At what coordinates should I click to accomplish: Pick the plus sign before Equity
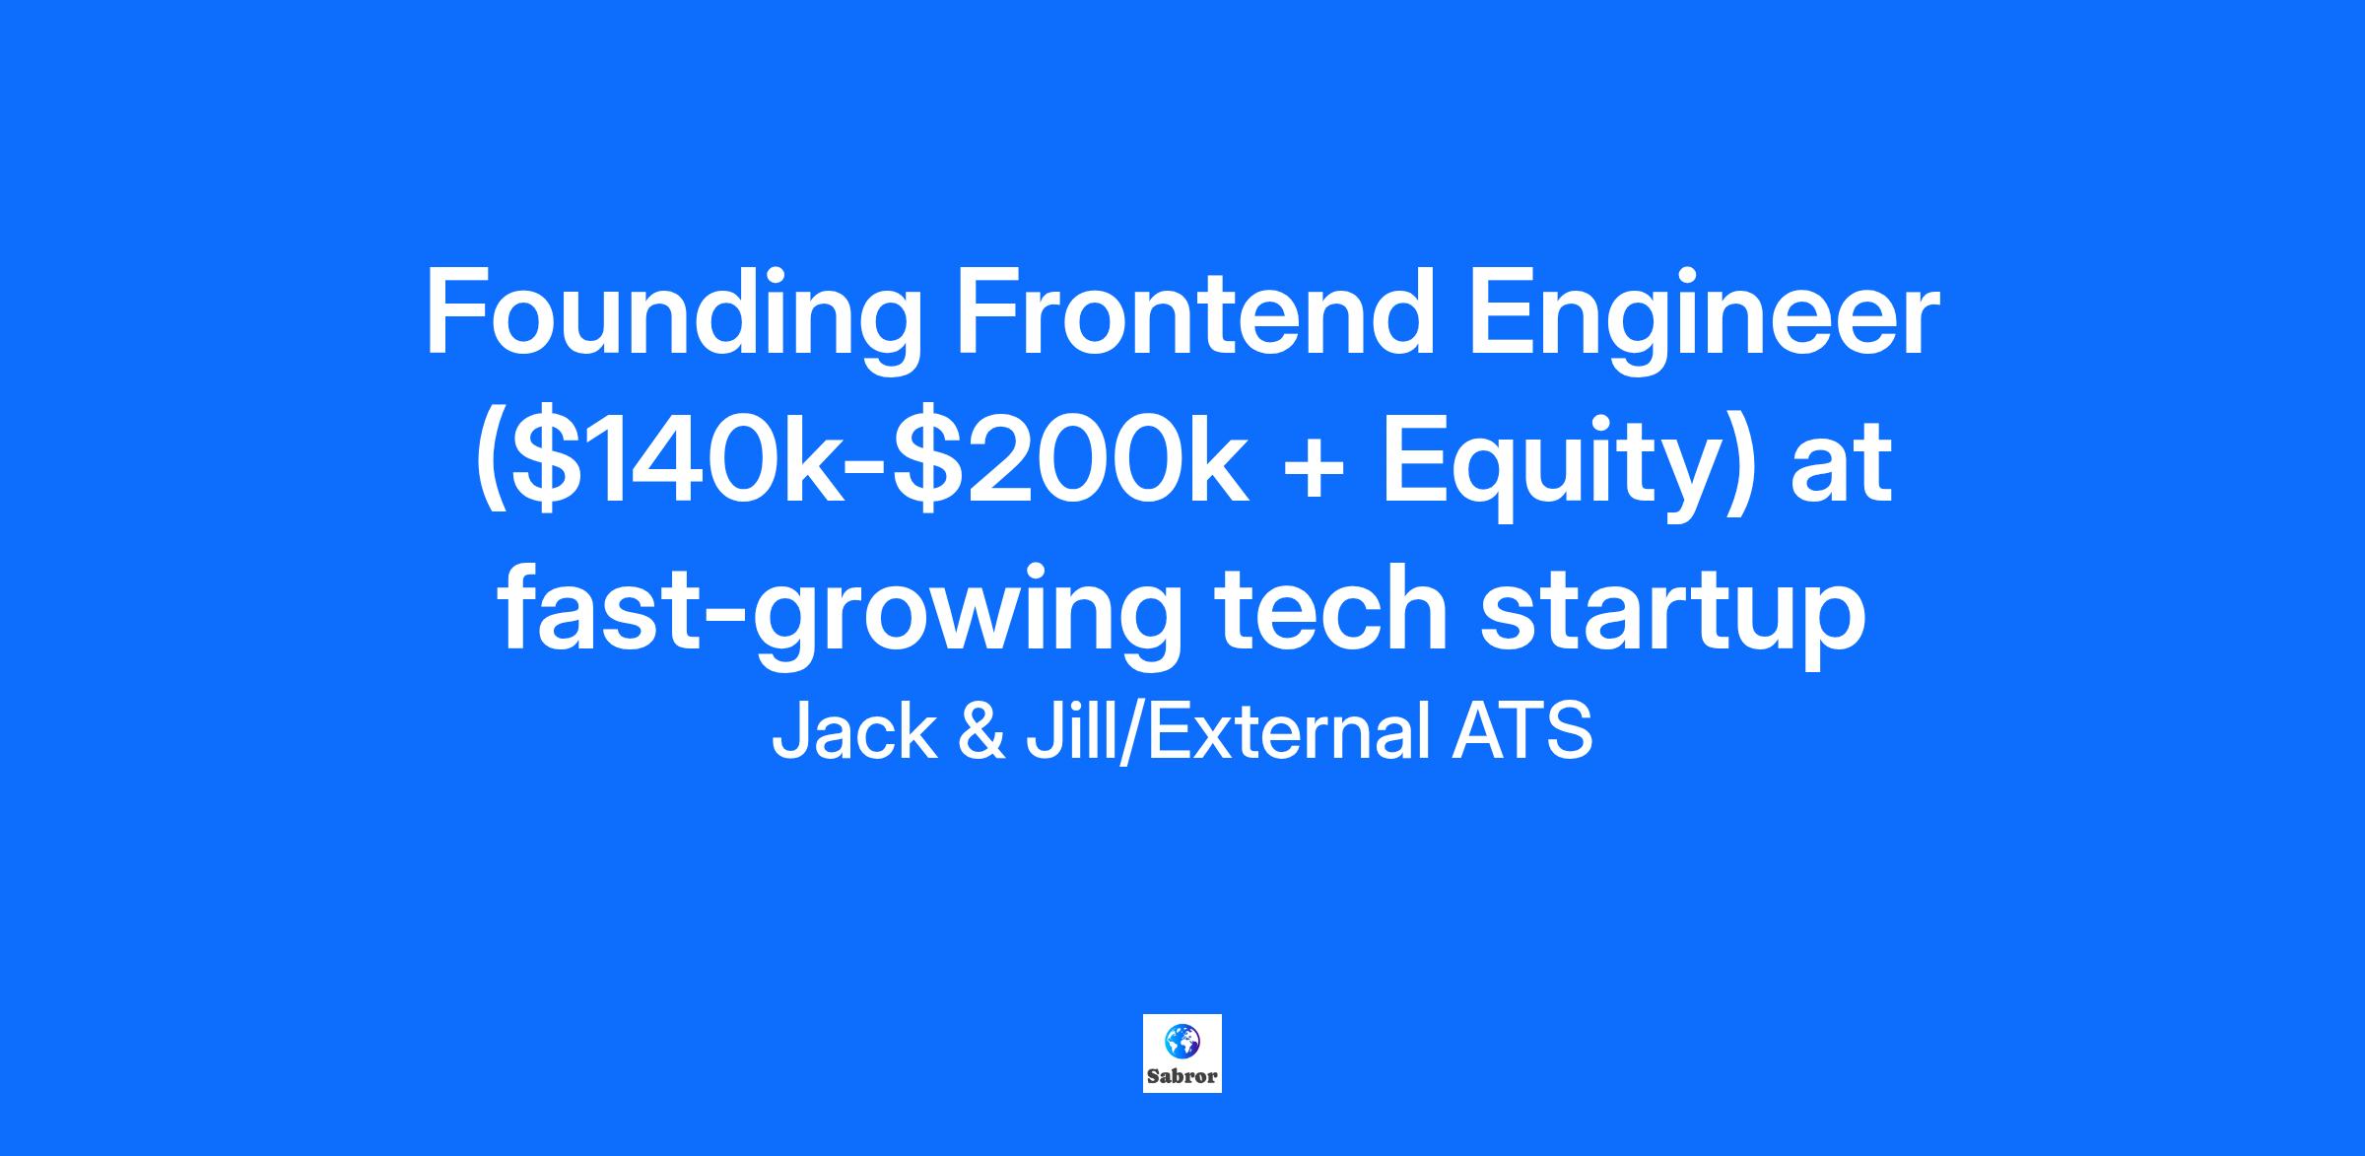point(1312,468)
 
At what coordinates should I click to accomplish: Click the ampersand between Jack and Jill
point(981,734)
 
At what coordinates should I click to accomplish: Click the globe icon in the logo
point(1182,1041)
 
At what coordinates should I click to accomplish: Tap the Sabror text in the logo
point(1182,1075)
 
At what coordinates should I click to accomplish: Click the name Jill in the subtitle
point(1069,734)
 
